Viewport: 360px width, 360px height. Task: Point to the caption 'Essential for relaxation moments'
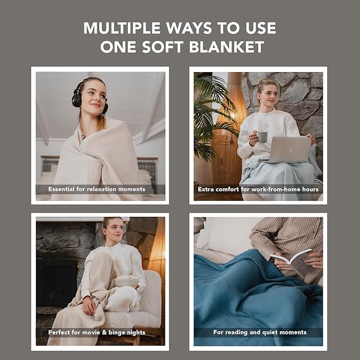pyautogui.click(x=96, y=189)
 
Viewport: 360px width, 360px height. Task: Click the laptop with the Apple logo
pyautogui.click(x=290, y=149)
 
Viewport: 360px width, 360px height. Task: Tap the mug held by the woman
pyautogui.click(x=262, y=137)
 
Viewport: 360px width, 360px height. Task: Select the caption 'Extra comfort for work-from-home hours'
pyautogui.click(x=258, y=189)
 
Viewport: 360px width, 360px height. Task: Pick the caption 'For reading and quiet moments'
pyautogui.click(x=260, y=332)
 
